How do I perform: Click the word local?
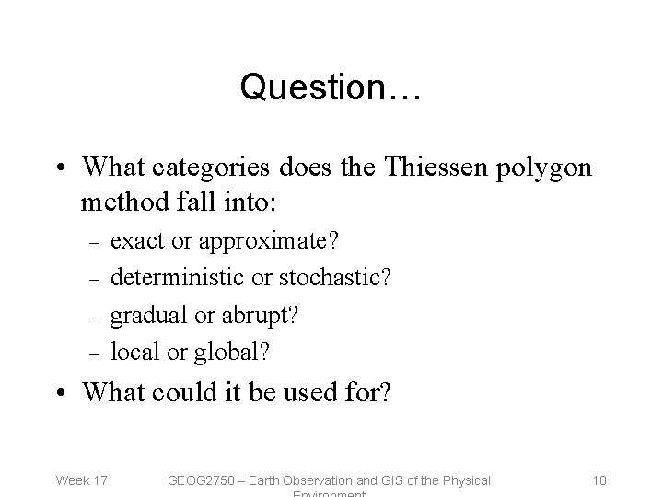132,351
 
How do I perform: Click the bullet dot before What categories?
61,168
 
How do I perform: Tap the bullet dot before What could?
61,393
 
